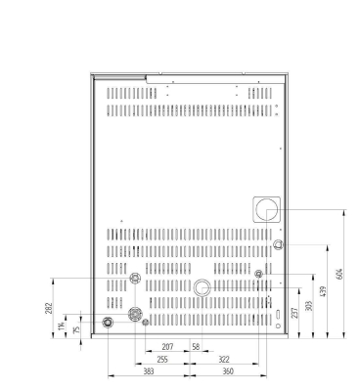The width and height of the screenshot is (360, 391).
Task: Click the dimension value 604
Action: (340, 273)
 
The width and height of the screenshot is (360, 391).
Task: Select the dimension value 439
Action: (325, 292)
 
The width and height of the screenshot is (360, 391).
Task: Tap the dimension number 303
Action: (310, 305)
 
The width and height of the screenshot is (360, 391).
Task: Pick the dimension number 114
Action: (61, 324)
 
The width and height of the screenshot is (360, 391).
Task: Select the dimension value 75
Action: (77, 329)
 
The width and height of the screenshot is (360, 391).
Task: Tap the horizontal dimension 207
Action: (167, 347)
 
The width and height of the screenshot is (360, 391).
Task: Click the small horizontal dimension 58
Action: (196, 347)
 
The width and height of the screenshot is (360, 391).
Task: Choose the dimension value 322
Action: (223, 359)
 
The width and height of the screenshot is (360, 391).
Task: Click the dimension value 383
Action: (148, 371)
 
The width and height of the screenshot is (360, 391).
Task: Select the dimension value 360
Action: (228, 371)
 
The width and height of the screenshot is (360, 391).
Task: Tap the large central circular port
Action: (202, 287)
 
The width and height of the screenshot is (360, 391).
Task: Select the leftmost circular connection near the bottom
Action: (108, 322)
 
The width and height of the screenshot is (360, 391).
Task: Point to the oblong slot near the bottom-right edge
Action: (278, 314)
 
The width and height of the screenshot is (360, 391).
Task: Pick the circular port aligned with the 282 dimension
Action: (135, 280)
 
